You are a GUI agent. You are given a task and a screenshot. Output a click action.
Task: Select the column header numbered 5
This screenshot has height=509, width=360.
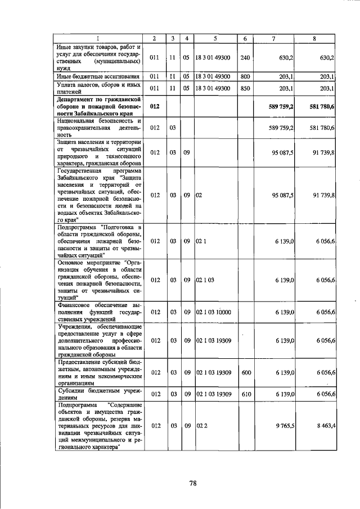[215, 38]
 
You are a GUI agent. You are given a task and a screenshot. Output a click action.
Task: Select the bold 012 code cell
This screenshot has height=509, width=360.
[155, 106]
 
